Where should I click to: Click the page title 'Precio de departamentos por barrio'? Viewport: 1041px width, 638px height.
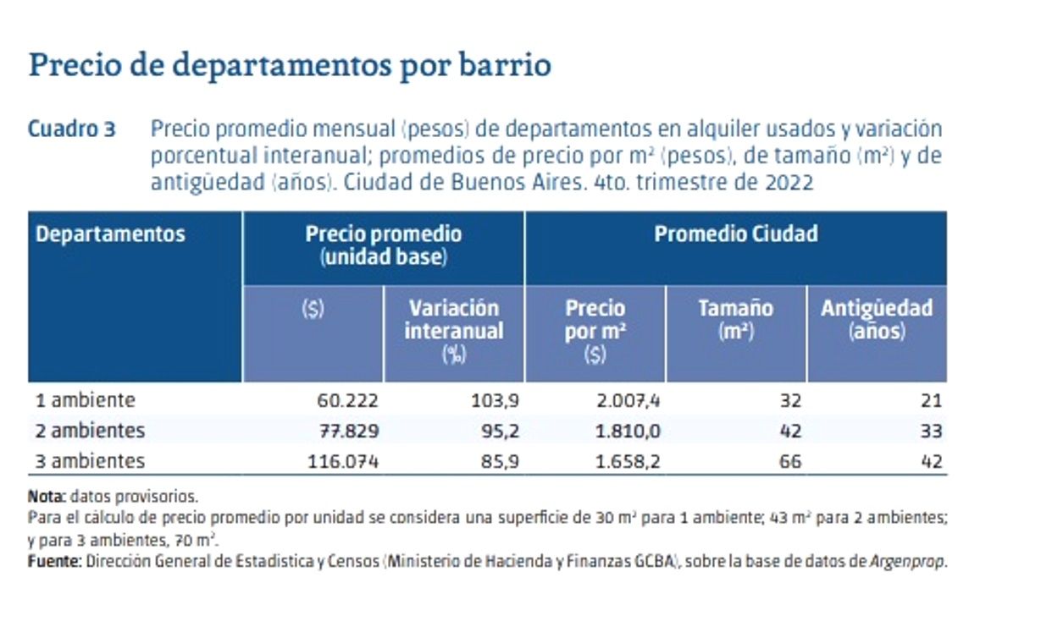click(290, 65)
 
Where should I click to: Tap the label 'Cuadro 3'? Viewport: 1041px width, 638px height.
click(71, 130)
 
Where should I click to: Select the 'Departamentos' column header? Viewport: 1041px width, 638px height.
click(110, 234)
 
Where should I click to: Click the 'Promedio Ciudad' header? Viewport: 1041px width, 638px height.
click(735, 234)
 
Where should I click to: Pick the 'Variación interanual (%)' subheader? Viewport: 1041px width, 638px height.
click(454, 330)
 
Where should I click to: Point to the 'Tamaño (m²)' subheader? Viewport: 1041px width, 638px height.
click(735, 319)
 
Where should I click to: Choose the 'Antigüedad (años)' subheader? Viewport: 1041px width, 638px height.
click(877, 319)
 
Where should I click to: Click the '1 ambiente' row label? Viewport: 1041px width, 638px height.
click(86, 400)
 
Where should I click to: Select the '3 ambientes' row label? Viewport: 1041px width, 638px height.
click(90, 462)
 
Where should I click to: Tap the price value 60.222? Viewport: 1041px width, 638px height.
click(347, 401)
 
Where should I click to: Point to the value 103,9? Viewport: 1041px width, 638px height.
click(495, 401)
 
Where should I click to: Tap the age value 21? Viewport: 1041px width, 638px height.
click(931, 401)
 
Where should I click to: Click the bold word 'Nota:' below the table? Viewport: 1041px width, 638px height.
click(46, 497)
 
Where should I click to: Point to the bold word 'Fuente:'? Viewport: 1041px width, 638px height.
click(54, 562)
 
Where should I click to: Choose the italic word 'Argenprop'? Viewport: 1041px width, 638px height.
click(906, 562)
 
